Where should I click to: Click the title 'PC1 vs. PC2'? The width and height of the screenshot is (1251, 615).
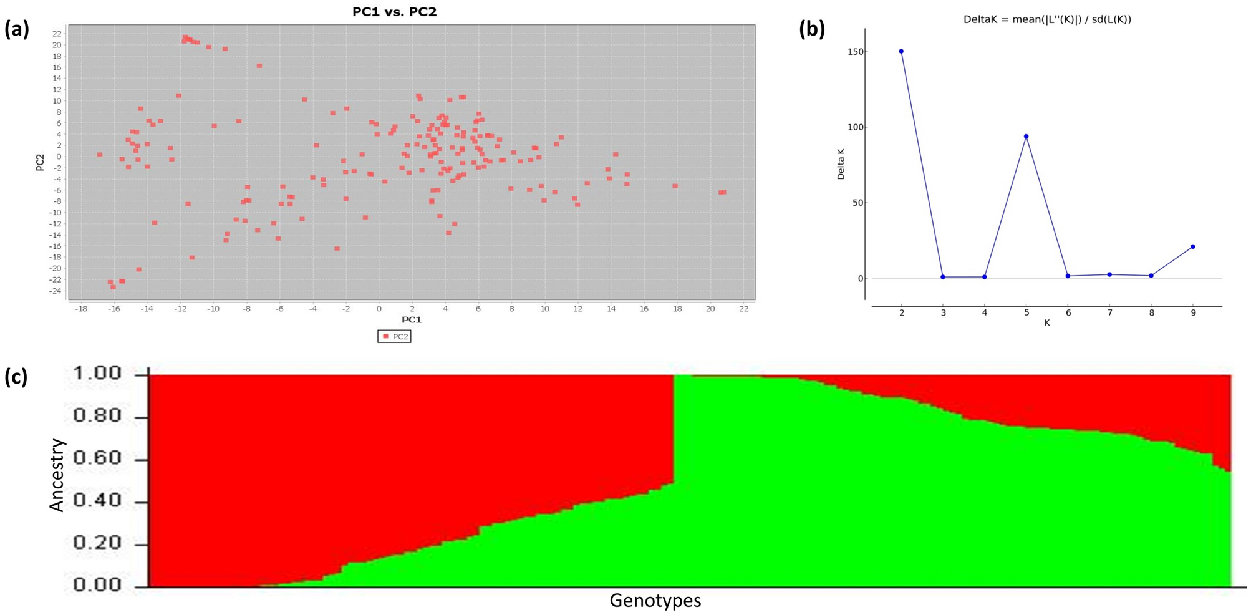[x=394, y=12]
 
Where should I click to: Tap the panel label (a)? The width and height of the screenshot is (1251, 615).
[x=17, y=29]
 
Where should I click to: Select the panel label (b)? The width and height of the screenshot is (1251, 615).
[x=812, y=29]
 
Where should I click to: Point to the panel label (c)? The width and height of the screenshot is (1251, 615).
[x=16, y=377]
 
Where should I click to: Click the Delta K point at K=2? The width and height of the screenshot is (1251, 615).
[x=901, y=52]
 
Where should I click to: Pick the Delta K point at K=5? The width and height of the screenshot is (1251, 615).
[x=1026, y=137]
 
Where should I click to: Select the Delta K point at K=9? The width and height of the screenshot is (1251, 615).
[x=1192, y=247]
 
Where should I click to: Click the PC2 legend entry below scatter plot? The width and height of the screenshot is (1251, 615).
[x=395, y=336]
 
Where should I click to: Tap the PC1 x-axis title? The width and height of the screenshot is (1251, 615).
[x=411, y=320]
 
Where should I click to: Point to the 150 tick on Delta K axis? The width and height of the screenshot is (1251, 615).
[x=856, y=52]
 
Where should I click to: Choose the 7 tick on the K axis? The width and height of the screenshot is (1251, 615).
[x=1109, y=312]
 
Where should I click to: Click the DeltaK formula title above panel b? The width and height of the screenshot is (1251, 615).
[x=1047, y=19]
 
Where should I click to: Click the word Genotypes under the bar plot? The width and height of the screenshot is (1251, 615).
[x=655, y=601]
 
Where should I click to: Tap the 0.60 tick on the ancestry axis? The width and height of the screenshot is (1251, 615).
[x=97, y=458]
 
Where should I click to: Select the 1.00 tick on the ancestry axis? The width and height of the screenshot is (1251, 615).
[x=97, y=374]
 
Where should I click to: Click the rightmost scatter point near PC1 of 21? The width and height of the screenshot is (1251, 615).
[x=722, y=192]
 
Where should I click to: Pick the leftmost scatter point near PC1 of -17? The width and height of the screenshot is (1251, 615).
[x=99, y=154]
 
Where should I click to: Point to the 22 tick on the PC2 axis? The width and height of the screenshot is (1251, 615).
[x=57, y=34]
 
